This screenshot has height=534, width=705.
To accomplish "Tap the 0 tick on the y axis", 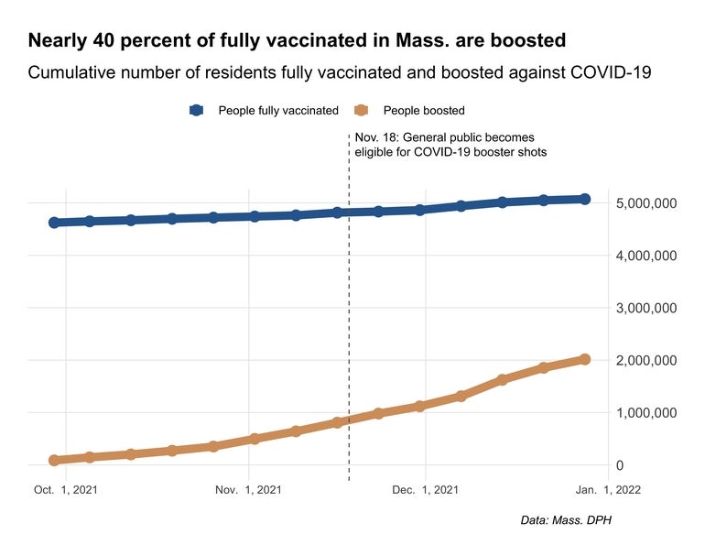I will [619, 466].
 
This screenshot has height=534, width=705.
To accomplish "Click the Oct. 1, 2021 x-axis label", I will [66, 490].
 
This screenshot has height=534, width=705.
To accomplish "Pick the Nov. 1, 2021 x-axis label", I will [248, 490].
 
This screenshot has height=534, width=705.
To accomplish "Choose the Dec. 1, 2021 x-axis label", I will [426, 490].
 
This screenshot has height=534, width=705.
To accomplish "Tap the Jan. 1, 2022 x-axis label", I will [609, 490].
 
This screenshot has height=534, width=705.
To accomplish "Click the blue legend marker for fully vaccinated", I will [196, 111].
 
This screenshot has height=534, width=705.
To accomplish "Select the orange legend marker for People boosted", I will [361, 111].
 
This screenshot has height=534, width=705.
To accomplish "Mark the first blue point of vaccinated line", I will [54, 223].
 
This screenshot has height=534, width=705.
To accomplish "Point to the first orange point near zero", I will [54, 461].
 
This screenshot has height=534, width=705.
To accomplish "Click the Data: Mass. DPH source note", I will [565, 520].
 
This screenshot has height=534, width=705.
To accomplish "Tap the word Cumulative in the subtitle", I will [72, 73].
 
